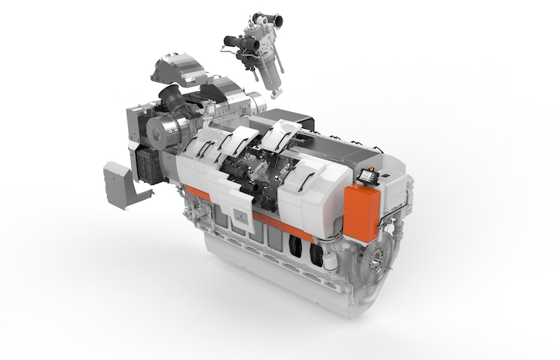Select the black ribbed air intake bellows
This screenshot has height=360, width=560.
(x=171, y=98)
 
